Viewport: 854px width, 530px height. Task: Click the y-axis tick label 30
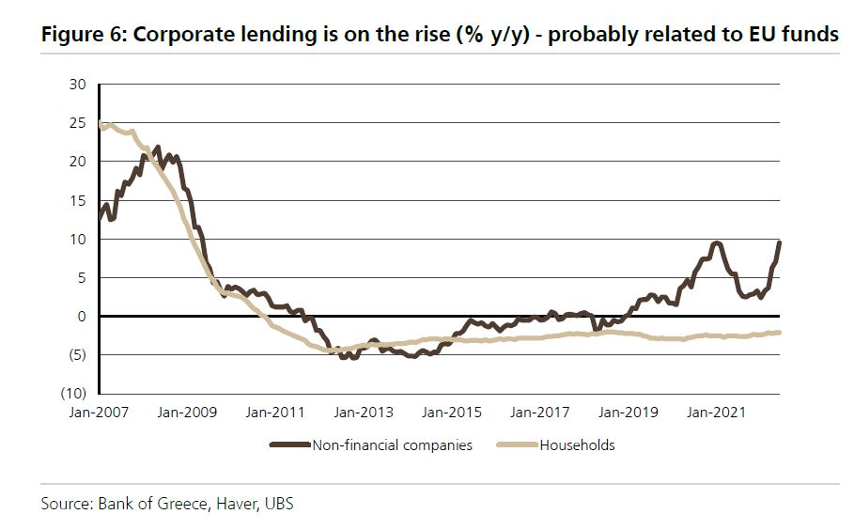coord(78,85)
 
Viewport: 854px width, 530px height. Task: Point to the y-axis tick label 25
coord(78,123)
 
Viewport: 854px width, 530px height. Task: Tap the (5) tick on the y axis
coord(77,354)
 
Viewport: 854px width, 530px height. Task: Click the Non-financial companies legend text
coord(393,444)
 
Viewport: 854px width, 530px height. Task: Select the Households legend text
coord(577,444)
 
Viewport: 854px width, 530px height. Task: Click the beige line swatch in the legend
coord(518,444)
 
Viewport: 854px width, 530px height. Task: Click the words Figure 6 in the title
coord(77,35)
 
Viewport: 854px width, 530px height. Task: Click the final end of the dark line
coord(780,242)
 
